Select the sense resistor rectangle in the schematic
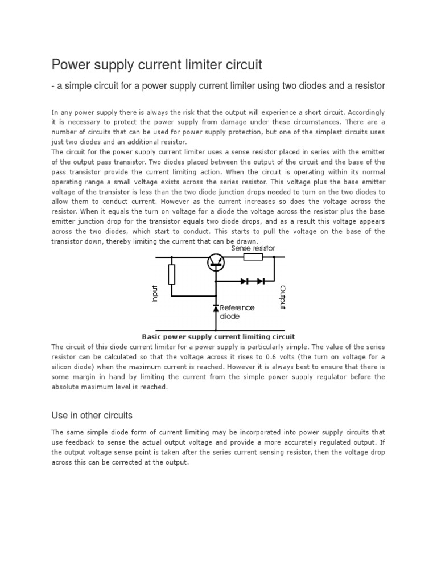coord(253,257)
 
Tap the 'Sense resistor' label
coord(253,248)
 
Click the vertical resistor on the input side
coord(171,274)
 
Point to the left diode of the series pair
coord(244,281)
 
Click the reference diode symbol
coord(216,308)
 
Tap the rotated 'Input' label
coord(154,294)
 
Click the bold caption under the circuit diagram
coord(218,336)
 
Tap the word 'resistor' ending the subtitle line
coord(367,85)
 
